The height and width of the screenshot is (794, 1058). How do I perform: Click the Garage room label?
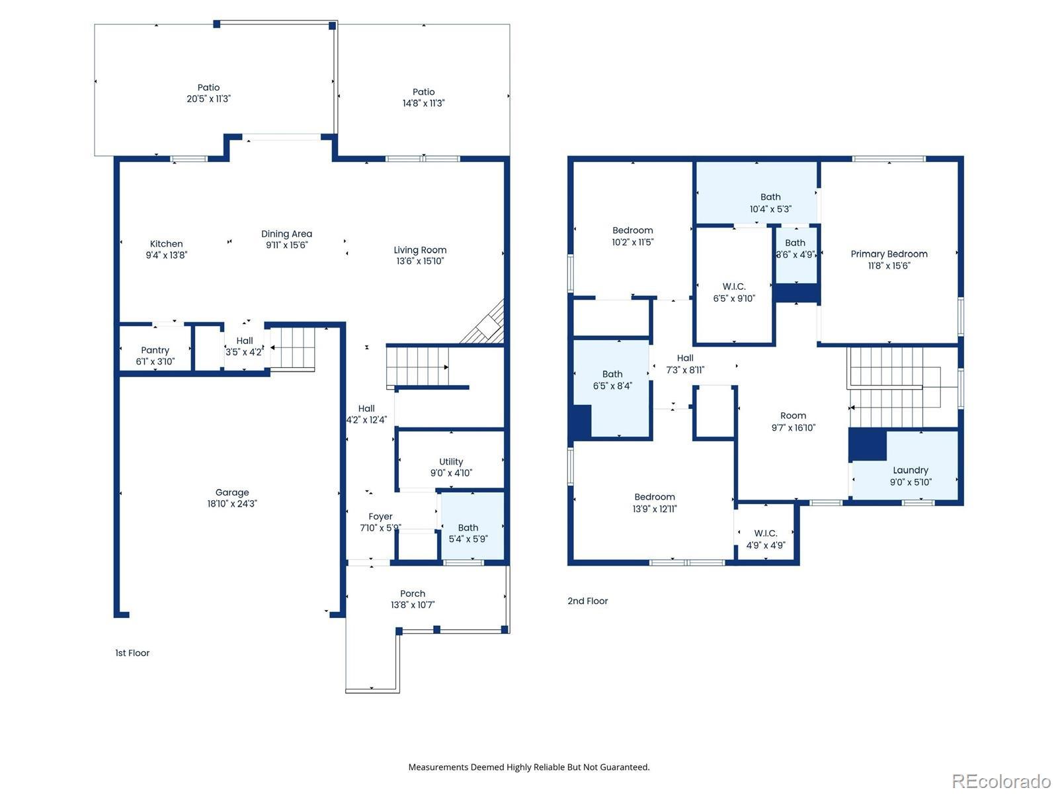[232, 492]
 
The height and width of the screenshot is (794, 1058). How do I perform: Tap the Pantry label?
[155, 350]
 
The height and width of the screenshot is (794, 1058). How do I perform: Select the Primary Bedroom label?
[889, 254]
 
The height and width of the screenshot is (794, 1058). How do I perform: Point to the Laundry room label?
[910, 470]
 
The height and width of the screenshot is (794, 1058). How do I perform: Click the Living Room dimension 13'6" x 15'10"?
[420, 261]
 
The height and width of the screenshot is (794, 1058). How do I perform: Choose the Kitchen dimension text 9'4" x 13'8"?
[166, 255]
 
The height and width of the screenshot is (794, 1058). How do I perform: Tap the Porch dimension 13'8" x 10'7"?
[413, 605]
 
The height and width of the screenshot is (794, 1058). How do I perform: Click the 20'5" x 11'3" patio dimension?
[208, 99]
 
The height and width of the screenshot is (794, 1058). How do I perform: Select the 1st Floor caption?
[132, 653]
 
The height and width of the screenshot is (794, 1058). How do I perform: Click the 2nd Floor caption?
[588, 601]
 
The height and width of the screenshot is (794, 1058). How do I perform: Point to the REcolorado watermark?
[1000, 781]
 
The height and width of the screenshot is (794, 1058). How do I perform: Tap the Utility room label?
[451, 461]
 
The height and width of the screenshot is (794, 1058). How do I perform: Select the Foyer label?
[380, 516]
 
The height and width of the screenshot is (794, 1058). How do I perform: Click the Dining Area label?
[286, 234]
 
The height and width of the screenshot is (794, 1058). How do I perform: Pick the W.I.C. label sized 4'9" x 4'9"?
[766, 533]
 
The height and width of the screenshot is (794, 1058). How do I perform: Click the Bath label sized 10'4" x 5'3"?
[770, 197]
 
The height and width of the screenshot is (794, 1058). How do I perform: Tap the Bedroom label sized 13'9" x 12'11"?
[655, 496]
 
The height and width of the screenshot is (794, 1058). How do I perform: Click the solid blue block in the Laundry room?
[867, 444]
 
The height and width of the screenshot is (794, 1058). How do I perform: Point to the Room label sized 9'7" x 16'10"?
[793, 416]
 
